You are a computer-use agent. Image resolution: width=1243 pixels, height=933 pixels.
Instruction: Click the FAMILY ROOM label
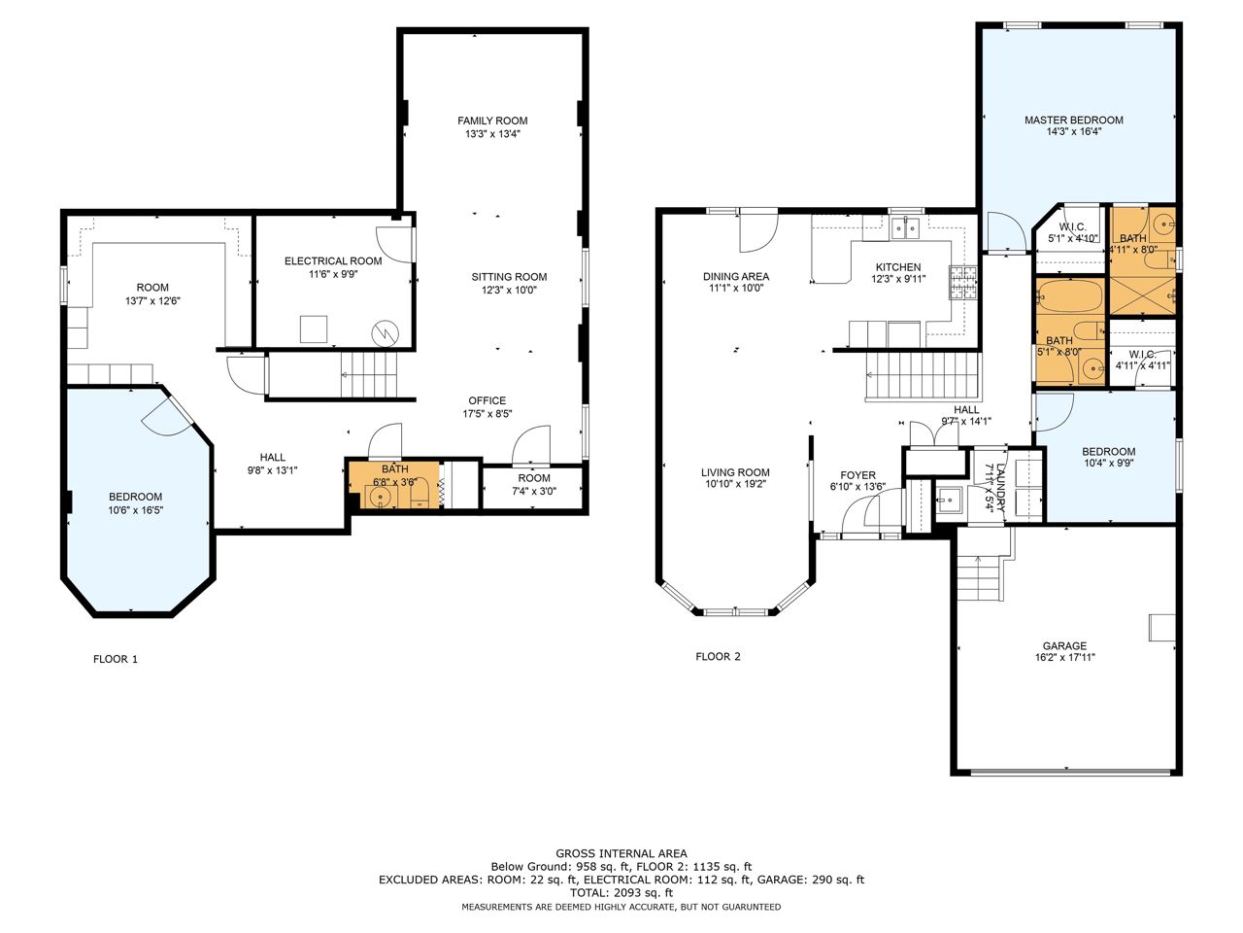[x=492, y=121]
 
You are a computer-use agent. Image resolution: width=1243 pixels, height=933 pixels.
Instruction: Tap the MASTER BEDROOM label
[x=1074, y=121]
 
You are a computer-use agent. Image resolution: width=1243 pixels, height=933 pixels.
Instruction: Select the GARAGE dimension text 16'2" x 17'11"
[x=1064, y=658]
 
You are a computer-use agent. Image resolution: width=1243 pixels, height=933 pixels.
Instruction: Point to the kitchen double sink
[x=905, y=228]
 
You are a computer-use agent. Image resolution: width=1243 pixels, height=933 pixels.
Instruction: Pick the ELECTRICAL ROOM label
[x=333, y=261]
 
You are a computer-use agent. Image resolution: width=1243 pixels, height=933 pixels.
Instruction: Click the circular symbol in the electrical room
[x=386, y=334]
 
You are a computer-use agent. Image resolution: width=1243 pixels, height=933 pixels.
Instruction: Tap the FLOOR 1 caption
[x=116, y=659]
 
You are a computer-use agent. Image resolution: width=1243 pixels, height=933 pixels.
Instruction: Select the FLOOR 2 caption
[x=718, y=657]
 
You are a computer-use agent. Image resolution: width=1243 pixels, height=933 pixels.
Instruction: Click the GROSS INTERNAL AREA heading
[x=621, y=853]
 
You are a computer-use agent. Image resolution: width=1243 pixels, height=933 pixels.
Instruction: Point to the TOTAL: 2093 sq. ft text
[x=621, y=893]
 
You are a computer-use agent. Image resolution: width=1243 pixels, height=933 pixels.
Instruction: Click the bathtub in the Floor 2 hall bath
[x=1069, y=295]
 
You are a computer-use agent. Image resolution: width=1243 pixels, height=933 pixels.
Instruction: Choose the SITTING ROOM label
[x=509, y=277]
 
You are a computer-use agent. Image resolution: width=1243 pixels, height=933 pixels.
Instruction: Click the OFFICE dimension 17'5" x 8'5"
[x=487, y=414]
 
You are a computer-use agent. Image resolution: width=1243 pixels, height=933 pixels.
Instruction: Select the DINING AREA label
[x=736, y=276]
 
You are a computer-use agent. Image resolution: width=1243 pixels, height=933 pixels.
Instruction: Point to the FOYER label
[x=857, y=475]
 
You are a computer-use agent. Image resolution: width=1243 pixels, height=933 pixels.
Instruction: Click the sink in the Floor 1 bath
[x=380, y=498]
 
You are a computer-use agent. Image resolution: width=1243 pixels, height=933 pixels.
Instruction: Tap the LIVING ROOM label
[x=735, y=472]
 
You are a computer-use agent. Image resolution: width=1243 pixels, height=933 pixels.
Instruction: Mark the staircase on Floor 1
[x=369, y=375]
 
